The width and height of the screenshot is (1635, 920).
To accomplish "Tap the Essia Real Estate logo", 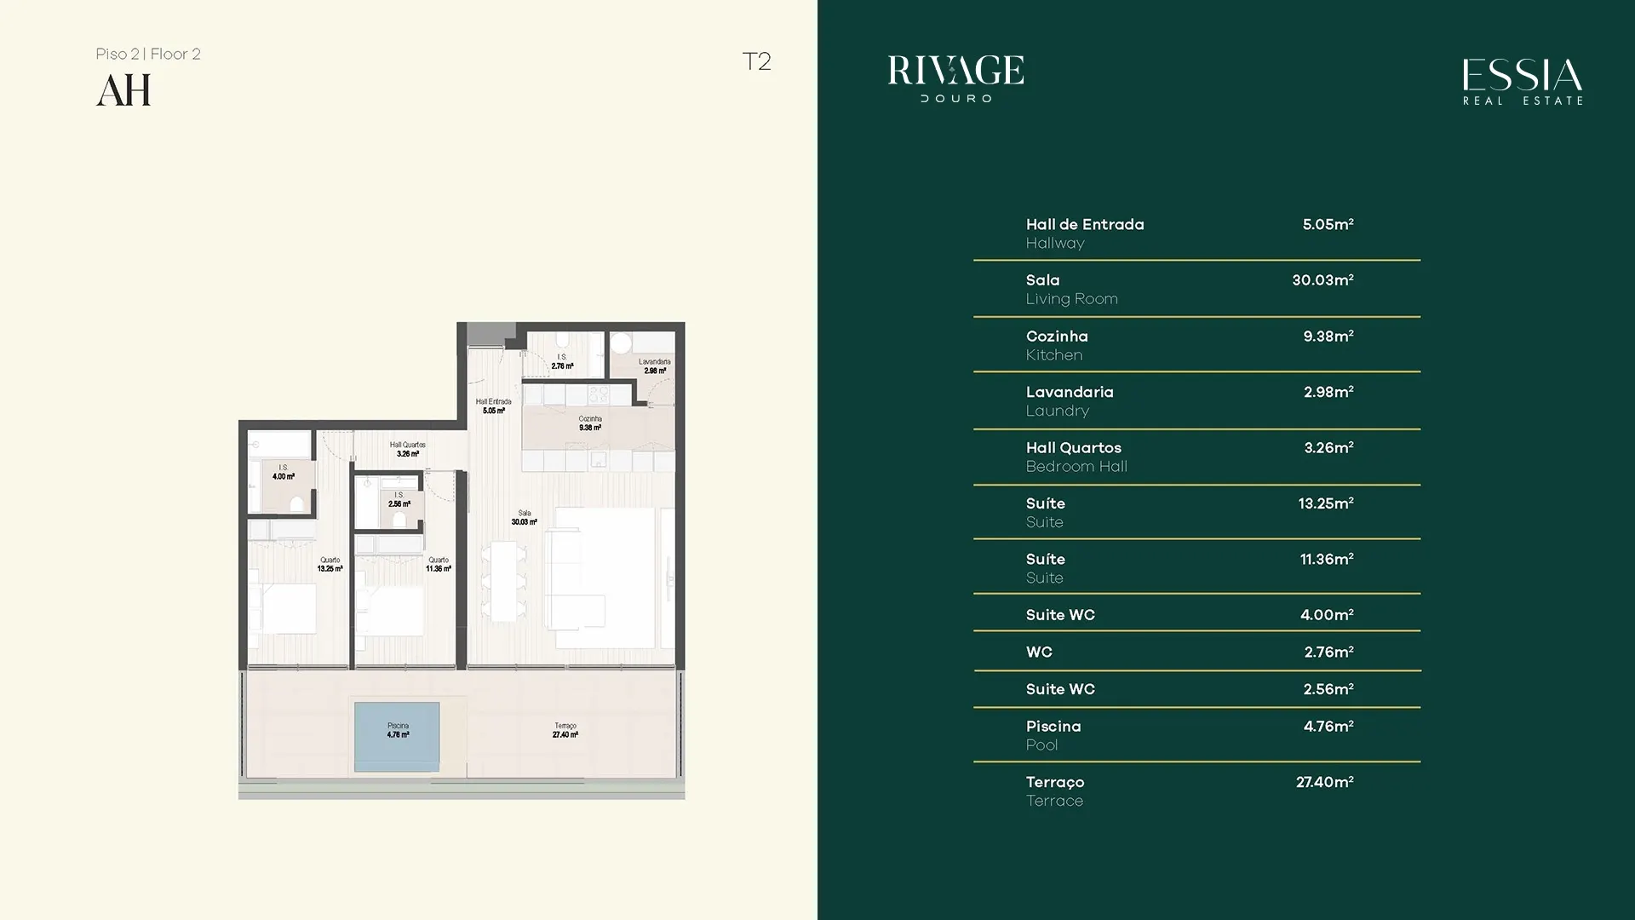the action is tap(1523, 82).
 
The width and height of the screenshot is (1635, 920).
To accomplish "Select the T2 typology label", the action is tap(756, 61).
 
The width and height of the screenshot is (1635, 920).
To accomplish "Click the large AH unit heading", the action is tap(123, 90).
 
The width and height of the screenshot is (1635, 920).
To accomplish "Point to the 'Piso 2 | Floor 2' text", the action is tap(148, 54).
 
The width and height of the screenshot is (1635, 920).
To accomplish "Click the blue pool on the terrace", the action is tap(397, 737).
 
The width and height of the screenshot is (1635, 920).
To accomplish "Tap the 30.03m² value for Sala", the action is tap(1322, 279).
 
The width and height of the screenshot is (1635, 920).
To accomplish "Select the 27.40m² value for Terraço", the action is tap(1325, 782).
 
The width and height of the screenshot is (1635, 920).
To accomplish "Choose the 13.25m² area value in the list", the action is tap(1326, 503).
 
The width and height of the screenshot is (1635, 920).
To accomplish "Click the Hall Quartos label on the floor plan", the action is tap(408, 449).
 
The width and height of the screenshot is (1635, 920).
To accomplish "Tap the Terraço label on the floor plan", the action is tap(565, 730).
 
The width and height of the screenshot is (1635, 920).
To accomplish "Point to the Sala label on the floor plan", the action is tap(525, 517).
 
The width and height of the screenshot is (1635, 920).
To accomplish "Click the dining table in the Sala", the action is tap(503, 581).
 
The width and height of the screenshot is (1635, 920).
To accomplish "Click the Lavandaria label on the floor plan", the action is tap(655, 366).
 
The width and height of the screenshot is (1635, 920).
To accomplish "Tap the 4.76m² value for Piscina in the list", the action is tap(1328, 726).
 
